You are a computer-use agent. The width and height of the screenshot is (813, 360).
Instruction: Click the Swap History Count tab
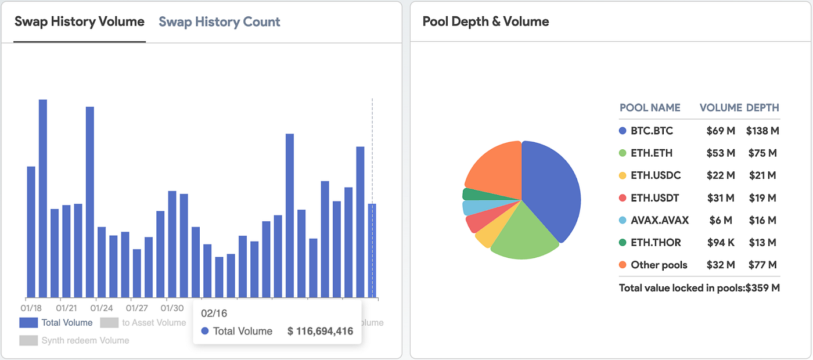pyautogui.click(x=219, y=22)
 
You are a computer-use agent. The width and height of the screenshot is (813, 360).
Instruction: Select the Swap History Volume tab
pyautogui.click(x=80, y=22)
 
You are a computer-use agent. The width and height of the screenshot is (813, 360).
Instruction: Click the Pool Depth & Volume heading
pyautogui.click(x=485, y=22)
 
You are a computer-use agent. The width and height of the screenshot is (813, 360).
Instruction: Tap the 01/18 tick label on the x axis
pyautogui.click(x=31, y=308)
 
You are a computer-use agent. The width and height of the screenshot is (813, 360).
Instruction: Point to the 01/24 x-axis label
pyautogui.click(x=102, y=308)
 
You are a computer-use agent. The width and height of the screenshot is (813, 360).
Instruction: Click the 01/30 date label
pyautogui.click(x=172, y=308)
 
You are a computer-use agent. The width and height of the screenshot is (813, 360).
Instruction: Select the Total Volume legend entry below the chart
pyautogui.click(x=56, y=323)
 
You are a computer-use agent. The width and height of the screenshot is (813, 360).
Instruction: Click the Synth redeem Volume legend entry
pyautogui.click(x=74, y=340)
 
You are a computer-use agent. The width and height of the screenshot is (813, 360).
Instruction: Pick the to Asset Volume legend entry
pyautogui.click(x=143, y=323)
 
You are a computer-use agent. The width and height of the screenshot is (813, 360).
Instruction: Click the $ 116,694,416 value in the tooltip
pyautogui.click(x=320, y=332)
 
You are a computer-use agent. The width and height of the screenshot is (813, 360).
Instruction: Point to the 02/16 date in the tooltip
pyautogui.click(x=214, y=314)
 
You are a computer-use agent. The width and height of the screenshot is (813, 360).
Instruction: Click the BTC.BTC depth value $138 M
pyautogui.click(x=762, y=131)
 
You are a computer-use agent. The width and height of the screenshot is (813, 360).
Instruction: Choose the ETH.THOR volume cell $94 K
pyautogui.click(x=721, y=243)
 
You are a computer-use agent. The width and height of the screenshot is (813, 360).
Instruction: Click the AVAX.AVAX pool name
pyautogui.click(x=660, y=221)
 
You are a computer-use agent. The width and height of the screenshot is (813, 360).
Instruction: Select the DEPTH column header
pyautogui.click(x=762, y=108)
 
